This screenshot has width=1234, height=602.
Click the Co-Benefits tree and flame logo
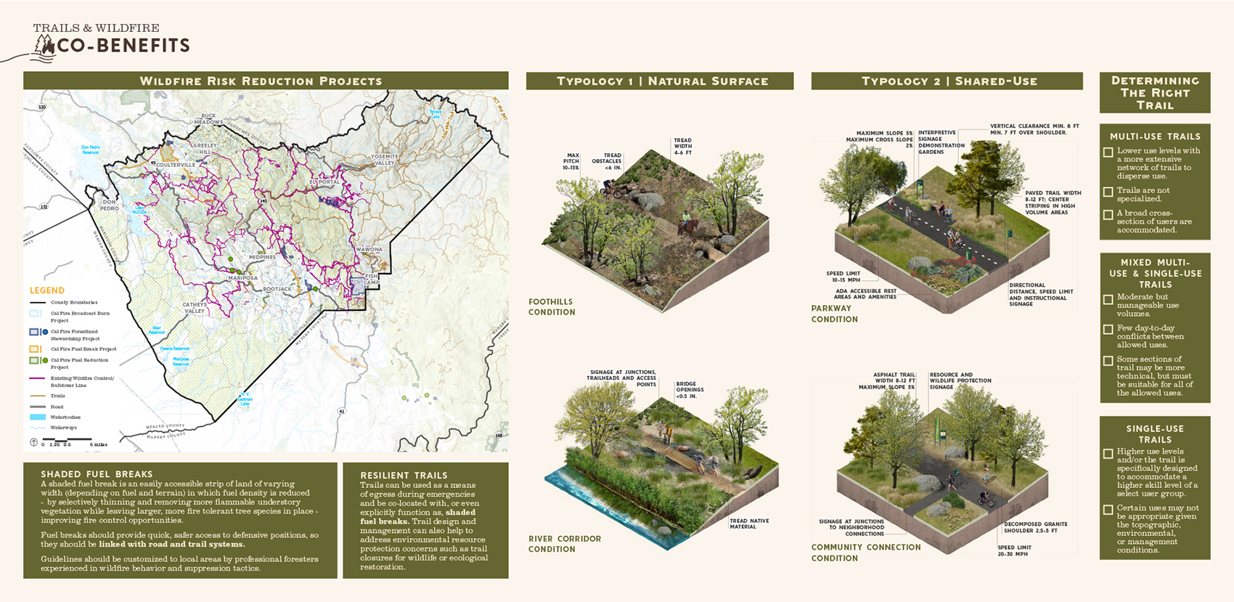point(45,46)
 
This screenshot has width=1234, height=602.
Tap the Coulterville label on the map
point(176,165)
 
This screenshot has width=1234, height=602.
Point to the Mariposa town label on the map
point(243,278)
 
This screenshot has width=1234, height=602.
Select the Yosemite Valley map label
point(385,159)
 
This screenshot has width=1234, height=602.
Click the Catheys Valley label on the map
point(195,308)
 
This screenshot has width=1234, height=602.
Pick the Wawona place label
point(369,249)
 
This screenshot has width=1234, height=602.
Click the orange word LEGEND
point(47,290)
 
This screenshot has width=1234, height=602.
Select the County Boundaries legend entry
point(73,302)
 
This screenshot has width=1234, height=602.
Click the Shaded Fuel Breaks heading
point(97,473)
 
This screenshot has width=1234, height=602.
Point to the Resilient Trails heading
point(404,475)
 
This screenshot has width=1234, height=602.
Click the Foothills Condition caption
point(552,306)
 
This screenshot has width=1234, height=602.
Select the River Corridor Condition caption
point(565,544)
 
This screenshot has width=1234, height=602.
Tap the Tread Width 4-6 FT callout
point(682,147)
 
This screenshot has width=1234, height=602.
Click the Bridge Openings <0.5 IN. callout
point(690,390)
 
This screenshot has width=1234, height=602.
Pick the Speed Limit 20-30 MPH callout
point(1015,550)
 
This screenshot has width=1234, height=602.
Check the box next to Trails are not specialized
point(1108,192)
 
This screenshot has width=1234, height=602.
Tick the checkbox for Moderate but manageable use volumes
point(1108,299)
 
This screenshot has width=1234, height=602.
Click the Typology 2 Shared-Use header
point(947,81)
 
